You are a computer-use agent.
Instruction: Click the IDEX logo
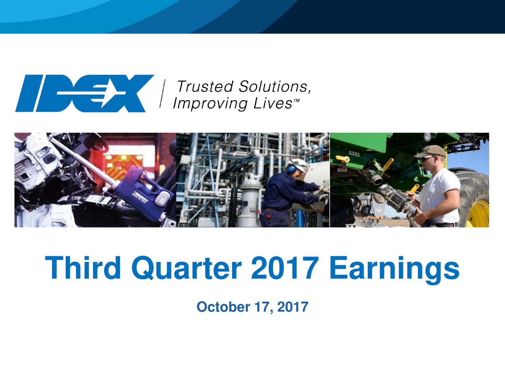click(84, 94)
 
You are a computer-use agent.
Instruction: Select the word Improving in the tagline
click(203, 104)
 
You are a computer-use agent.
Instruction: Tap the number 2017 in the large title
click(284, 268)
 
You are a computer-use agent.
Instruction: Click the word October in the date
click(223, 307)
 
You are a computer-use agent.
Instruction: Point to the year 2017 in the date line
click(292, 307)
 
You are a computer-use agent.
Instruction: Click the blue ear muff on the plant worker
click(292, 169)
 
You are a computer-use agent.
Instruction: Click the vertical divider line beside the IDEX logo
click(163, 94)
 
